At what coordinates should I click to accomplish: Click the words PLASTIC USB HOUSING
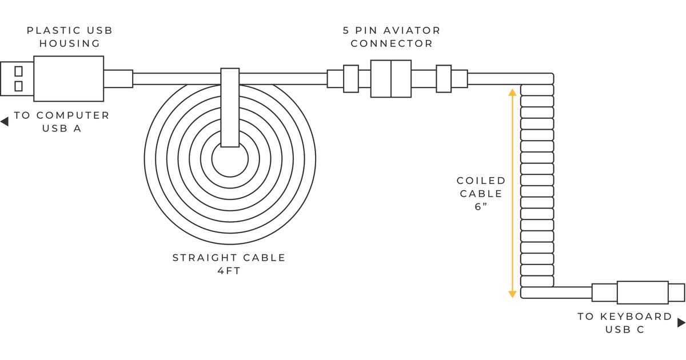[69, 37]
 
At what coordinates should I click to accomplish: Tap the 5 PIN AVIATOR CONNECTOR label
[392, 37]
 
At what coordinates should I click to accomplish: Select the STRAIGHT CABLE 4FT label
[229, 264]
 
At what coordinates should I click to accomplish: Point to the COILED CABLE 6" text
[481, 194]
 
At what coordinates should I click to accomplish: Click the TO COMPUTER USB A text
[62, 122]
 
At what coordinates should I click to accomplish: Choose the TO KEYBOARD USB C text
[624, 323]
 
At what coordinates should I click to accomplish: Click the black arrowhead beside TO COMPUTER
[5, 122]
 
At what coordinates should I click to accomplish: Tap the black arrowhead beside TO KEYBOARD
[681, 323]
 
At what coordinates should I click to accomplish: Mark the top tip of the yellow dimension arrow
[512, 90]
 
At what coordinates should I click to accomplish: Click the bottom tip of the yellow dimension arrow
[512, 296]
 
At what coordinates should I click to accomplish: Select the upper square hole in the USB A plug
[18, 71]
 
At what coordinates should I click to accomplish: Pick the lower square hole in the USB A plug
[18, 86]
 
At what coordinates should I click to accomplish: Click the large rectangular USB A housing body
[69, 78]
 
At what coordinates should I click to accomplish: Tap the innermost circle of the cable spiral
[230, 160]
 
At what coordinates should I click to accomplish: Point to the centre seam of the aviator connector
[391, 78]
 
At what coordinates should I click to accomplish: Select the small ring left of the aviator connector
[350, 78]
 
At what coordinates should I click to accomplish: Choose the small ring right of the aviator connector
[444, 78]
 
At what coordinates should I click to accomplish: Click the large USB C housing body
[643, 293]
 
